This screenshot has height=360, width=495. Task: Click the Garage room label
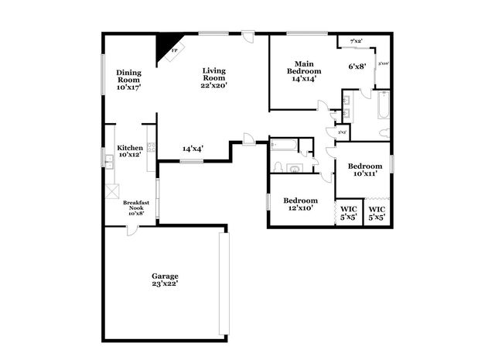pos(165,279)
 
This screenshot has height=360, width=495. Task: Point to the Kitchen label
pos(129,151)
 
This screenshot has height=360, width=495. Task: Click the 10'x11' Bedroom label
pos(364,170)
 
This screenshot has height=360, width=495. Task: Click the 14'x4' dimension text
pos(193,149)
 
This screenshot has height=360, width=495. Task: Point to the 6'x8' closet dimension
pos(357,67)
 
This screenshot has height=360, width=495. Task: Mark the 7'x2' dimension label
pos(357,40)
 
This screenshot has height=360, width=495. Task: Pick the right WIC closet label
pos(377,213)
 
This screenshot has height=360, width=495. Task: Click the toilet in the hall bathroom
pos(293,167)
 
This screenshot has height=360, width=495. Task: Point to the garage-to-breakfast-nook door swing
pos(132,230)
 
